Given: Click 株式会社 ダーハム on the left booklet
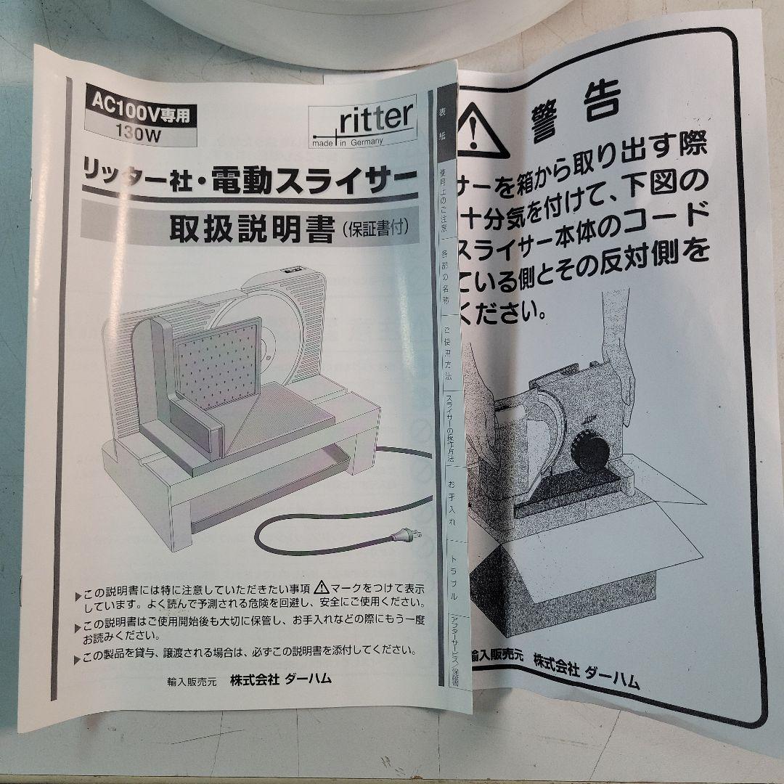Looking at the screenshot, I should tap(280, 679).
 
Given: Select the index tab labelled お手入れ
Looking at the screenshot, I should tap(451, 501).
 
